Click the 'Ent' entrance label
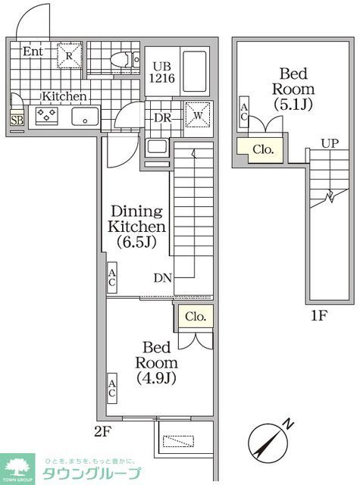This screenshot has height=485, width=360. click(x=32, y=52)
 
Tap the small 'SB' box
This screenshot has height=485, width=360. click(x=17, y=119)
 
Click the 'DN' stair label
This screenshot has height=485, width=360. click(x=162, y=277)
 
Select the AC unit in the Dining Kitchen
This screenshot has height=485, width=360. click(x=111, y=278)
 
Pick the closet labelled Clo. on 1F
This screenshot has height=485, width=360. click(x=261, y=150)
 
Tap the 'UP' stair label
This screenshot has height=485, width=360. click(x=329, y=142)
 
